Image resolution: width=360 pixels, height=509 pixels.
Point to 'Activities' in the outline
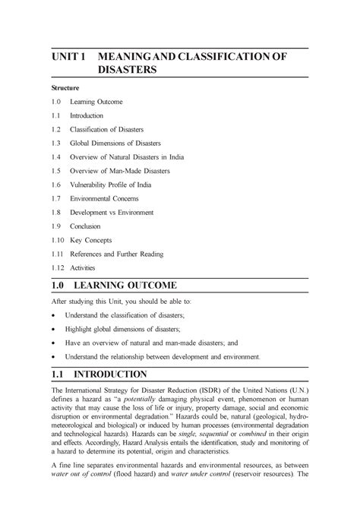click(84, 267)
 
